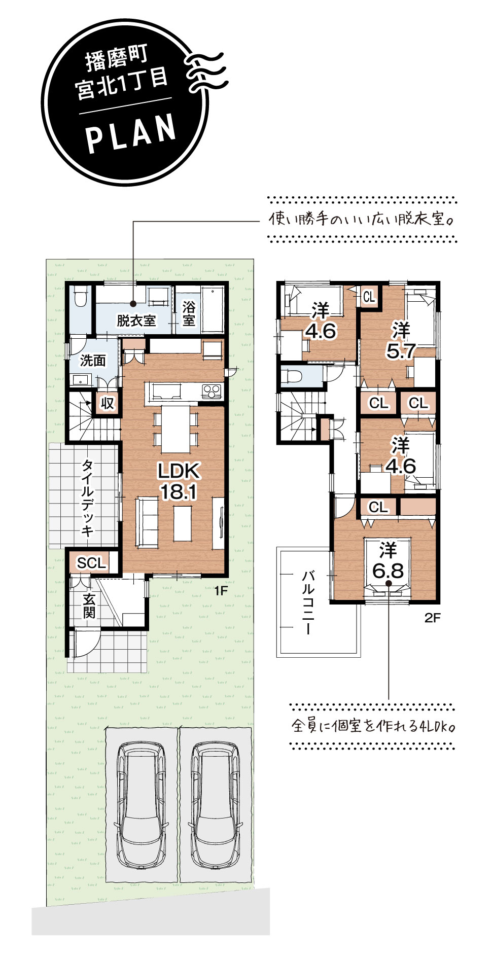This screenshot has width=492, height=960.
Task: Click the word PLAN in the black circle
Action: (x=131, y=133)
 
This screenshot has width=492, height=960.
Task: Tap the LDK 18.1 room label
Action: (x=179, y=481)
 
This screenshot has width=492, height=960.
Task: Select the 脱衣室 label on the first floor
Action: (x=136, y=321)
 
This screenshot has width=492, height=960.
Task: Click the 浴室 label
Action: (x=189, y=314)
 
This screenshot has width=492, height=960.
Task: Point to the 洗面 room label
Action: (x=93, y=361)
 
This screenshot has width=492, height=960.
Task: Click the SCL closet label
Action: (x=91, y=562)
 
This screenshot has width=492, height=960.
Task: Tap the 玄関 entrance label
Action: (x=89, y=606)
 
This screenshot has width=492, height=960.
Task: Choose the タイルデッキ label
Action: (x=87, y=498)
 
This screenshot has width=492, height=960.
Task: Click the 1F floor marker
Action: (x=221, y=590)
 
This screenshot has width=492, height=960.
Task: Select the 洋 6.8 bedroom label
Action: (x=388, y=561)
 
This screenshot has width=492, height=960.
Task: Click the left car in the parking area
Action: (x=141, y=805)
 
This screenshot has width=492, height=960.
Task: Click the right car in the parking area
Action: (x=215, y=805)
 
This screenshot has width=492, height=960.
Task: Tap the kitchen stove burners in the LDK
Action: (x=212, y=392)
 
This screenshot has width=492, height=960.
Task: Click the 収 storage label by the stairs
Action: (x=108, y=403)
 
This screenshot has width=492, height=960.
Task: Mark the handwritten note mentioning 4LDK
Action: (x=373, y=726)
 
